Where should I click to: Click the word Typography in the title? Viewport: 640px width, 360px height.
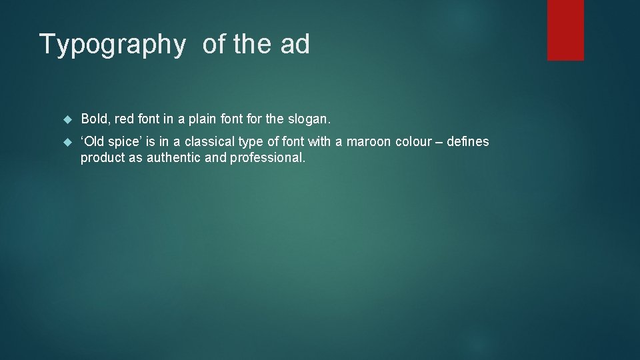(x=112, y=45)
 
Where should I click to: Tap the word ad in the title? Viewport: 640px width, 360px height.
(x=295, y=44)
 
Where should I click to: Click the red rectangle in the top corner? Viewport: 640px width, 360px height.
(x=565, y=30)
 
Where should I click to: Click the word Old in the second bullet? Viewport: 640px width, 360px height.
(x=95, y=141)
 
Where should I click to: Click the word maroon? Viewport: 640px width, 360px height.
(x=369, y=141)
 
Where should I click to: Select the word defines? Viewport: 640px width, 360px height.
(x=469, y=141)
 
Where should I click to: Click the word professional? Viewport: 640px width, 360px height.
(x=267, y=159)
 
